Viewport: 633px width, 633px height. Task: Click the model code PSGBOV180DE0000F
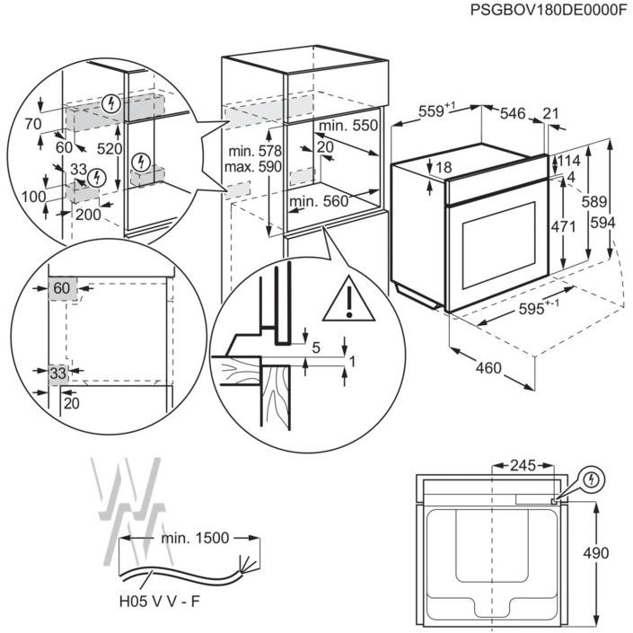click(x=549, y=10)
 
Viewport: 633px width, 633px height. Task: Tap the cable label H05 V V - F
click(x=160, y=602)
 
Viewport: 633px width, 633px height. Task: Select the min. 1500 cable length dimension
click(x=195, y=538)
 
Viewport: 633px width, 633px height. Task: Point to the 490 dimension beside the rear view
click(x=596, y=553)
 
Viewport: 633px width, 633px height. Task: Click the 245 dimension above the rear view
click(x=523, y=465)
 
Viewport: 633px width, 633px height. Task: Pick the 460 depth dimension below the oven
click(x=488, y=368)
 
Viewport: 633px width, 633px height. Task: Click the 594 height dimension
click(x=602, y=223)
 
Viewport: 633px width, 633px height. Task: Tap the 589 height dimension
click(x=593, y=201)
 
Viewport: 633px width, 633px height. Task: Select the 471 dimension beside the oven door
click(x=563, y=227)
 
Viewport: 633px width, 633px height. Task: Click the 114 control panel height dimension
click(x=569, y=161)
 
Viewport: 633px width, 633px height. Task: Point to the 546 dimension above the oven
click(x=513, y=113)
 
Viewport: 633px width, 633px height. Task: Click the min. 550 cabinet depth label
click(x=348, y=126)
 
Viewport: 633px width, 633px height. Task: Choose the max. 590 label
click(x=252, y=166)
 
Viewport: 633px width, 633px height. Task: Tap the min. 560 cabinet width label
click(x=319, y=201)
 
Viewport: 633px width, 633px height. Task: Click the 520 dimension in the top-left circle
click(x=110, y=149)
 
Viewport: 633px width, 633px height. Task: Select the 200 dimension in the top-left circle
click(x=88, y=215)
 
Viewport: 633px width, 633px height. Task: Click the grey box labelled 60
click(x=63, y=288)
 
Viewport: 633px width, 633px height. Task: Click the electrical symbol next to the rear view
click(x=592, y=480)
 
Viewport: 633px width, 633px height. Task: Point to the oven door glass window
click(x=499, y=245)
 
